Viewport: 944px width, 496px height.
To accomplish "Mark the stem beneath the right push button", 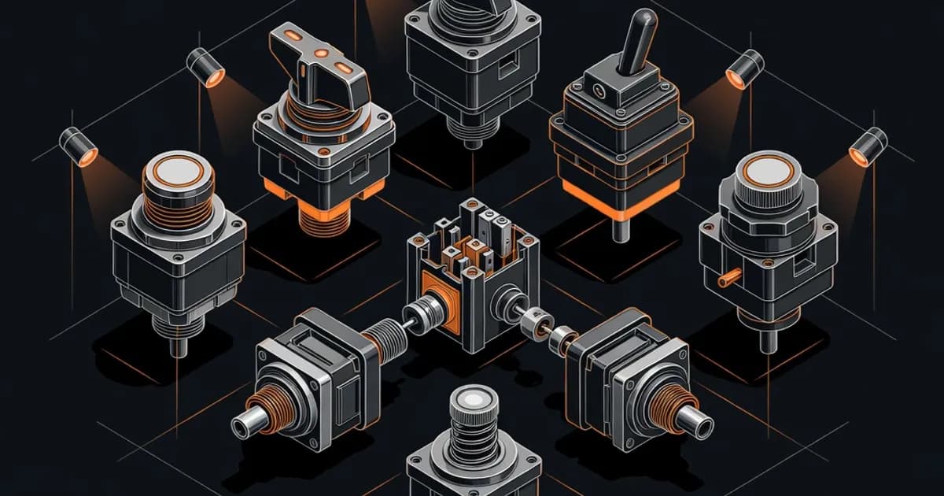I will (767, 340).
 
